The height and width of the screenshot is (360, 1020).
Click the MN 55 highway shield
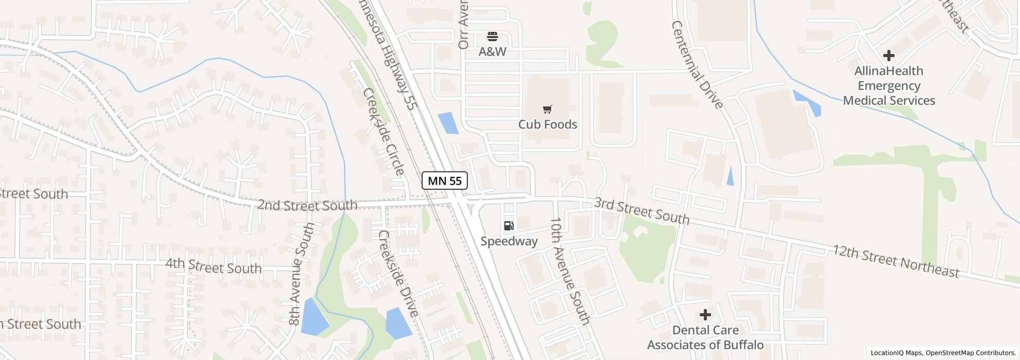445,181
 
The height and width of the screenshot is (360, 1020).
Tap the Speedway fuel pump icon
508,225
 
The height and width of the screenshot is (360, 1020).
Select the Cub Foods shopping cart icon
547,109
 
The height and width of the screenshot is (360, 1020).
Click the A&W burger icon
493,36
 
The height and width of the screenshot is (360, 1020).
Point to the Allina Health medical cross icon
888,56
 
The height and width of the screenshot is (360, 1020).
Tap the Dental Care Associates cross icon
705,314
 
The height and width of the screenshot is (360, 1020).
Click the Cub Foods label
548,124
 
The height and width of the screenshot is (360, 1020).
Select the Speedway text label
509,241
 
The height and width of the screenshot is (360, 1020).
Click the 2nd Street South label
307,205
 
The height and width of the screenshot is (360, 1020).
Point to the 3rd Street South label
641,211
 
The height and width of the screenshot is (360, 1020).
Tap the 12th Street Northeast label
896,261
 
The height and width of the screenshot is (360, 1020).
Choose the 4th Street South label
213,266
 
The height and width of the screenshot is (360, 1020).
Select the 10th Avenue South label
570,271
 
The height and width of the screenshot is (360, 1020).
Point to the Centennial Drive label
697,65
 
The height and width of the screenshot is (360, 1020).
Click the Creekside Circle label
384,132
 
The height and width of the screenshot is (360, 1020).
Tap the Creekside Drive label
398,273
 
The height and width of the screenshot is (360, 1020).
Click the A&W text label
493,51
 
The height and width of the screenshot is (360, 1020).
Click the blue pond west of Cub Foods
448,123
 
